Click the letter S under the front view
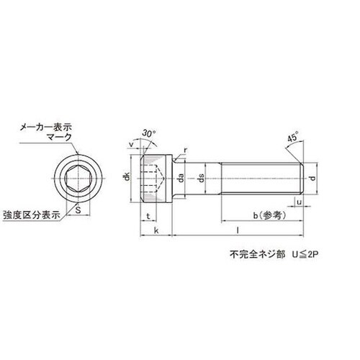[x=79, y=212]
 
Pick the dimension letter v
[x=131, y=145]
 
